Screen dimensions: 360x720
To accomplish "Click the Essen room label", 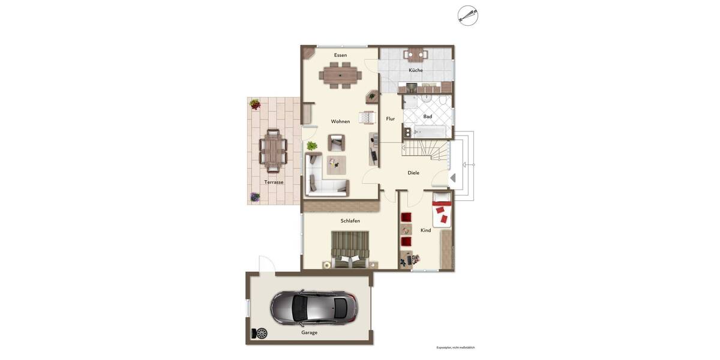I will coord(340,55).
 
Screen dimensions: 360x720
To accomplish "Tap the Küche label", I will coord(416,70).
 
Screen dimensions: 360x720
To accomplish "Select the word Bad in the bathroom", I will coord(427,116).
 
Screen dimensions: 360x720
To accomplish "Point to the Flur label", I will coord(391,119).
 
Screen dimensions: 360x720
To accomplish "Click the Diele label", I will coord(413,173).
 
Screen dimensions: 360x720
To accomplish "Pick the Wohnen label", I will coord(340,121).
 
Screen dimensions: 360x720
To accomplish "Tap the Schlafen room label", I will coord(350,221).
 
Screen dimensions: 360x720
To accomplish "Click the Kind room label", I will coord(425,230).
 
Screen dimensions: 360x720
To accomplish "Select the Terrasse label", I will coord(274,182).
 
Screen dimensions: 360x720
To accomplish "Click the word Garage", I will coord(310,332).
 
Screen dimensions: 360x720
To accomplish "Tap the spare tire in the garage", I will coord(262,333).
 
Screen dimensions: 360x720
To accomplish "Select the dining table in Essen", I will coord(340,76).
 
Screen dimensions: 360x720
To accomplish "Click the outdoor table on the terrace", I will coord(273,148).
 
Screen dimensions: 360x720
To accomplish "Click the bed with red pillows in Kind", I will coord(442,210).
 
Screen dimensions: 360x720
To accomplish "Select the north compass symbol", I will coord(468,16).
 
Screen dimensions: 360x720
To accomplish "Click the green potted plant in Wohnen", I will coord(312,146).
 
